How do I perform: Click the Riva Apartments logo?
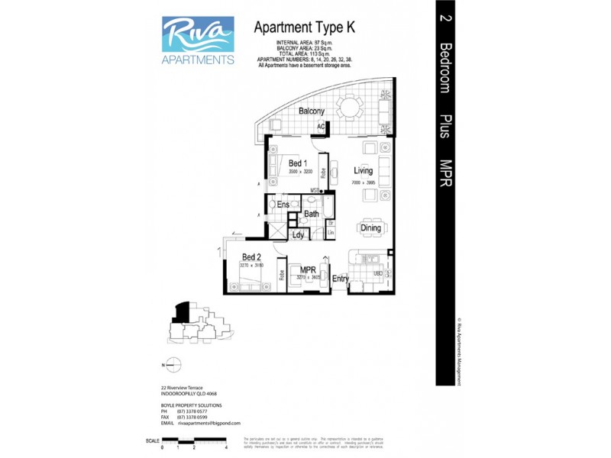(198, 40)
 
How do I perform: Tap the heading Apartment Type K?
(304, 27)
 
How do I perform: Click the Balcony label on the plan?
(312, 111)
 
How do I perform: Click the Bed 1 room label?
(299, 163)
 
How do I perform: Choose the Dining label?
(370, 228)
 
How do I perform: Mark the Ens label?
(283, 205)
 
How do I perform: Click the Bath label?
(312, 214)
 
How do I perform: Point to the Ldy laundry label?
(299, 235)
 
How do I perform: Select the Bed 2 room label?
(252, 257)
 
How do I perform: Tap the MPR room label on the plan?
(309, 270)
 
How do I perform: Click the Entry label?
(341, 279)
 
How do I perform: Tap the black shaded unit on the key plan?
(182, 311)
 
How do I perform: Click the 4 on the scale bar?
(228, 447)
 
